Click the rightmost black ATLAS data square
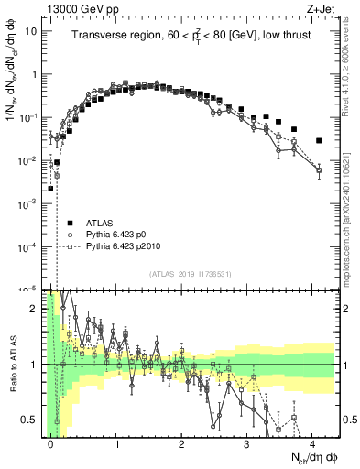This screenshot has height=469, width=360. (x=319, y=141)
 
